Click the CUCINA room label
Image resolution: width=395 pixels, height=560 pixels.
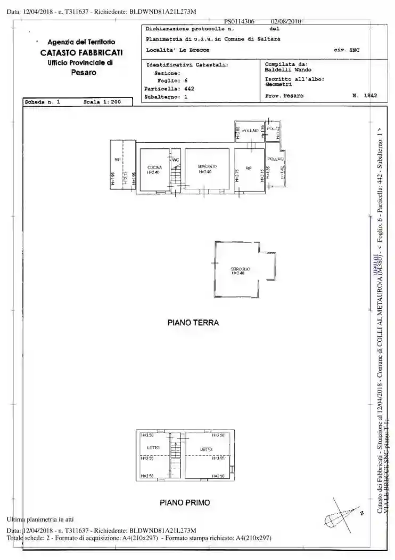pyautogui.click(x=154, y=167)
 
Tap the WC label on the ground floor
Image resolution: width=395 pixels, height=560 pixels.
pyautogui.click(x=175, y=160)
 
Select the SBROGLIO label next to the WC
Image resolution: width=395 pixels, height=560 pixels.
pyautogui.click(x=207, y=167)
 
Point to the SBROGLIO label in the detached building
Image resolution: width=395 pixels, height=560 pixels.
pyautogui.click(x=241, y=269)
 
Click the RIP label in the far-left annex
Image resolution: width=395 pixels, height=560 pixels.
pyautogui.click(x=116, y=159)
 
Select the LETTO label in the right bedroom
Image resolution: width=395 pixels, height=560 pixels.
pyautogui.click(x=206, y=449)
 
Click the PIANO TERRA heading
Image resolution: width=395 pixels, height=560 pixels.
pyautogui.click(x=193, y=323)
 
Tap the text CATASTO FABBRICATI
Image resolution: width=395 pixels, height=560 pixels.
pyautogui.click(x=81, y=52)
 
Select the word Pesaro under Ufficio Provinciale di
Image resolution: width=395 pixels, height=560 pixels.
pyautogui.click(x=84, y=72)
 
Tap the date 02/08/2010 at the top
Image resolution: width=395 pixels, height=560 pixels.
pyautogui.click(x=286, y=21)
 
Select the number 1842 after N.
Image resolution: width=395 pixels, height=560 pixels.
pyautogui.click(x=371, y=95)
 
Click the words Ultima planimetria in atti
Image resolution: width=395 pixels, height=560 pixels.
pyautogui.click(x=40, y=519)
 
